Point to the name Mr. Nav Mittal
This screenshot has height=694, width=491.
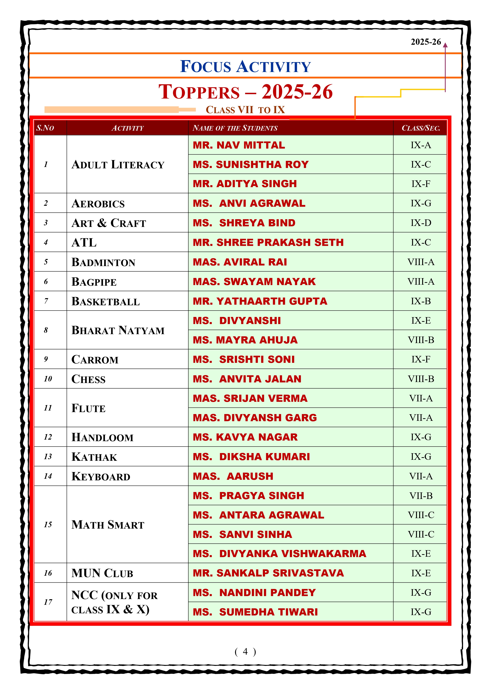239,145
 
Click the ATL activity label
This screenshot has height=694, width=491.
84,242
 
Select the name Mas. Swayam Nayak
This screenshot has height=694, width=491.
254,281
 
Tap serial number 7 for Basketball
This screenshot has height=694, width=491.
46,301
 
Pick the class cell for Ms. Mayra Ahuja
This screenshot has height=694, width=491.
421,340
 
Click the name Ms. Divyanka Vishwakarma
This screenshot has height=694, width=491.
279,554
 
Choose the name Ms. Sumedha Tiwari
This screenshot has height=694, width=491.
255,612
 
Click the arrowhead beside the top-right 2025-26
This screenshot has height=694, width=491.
445,45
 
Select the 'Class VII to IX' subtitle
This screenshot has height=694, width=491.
245,110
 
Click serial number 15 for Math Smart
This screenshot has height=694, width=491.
48,524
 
